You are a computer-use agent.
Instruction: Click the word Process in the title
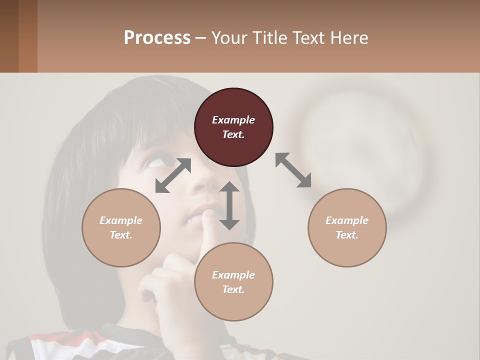(157, 38)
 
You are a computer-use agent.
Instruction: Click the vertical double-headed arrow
(229, 205)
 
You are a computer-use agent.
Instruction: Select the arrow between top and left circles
(173, 175)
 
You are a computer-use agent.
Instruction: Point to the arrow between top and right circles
(293, 170)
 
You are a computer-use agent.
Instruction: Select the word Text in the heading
(308, 38)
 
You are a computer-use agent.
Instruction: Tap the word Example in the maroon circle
(233, 120)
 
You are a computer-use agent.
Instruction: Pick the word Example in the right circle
(347, 220)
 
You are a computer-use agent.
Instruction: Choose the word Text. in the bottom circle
(233, 289)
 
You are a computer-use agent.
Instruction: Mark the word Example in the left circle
(121, 220)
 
